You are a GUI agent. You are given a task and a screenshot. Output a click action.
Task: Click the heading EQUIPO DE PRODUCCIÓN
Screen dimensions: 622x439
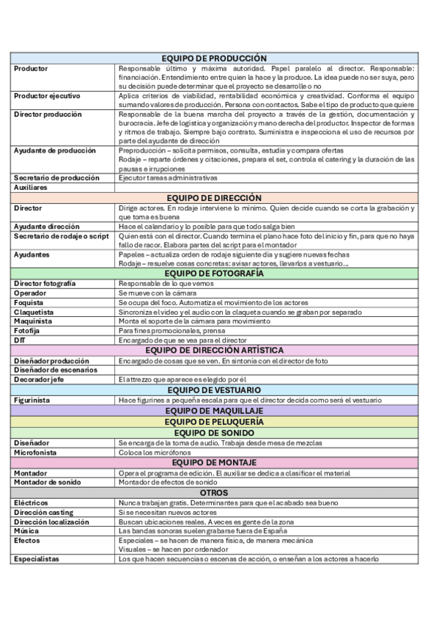pyautogui.click(x=214, y=59)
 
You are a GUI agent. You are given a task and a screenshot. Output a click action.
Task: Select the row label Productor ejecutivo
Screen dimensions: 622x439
pyautogui.click(x=47, y=96)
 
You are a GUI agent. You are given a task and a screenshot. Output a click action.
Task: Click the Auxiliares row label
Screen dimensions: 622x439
pyautogui.click(x=32, y=187)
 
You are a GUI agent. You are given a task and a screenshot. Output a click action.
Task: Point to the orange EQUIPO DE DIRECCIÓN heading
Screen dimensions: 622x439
pyautogui.click(x=214, y=198)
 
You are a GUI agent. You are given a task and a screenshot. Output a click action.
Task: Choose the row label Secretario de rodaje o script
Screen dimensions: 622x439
pyautogui.click(x=61, y=236)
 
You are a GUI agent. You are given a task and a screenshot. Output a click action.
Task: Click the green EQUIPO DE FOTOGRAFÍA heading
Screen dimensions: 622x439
pyautogui.click(x=214, y=274)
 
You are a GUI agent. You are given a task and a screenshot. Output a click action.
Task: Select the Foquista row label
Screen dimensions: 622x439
pyautogui.click(x=29, y=302)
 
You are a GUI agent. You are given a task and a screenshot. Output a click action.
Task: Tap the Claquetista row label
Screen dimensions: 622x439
pyautogui.click(x=34, y=312)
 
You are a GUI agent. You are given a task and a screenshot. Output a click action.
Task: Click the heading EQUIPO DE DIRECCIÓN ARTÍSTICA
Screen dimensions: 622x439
pyautogui.click(x=214, y=351)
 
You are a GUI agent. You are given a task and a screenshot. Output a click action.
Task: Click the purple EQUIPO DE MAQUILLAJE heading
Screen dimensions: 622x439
pyautogui.click(x=214, y=411)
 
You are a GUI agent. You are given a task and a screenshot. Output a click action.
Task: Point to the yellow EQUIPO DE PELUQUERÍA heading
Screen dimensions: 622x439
pyautogui.click(x=214, y=422)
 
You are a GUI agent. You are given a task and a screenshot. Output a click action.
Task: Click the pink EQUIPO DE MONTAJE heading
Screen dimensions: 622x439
pyautogui.click(x=214, y=463)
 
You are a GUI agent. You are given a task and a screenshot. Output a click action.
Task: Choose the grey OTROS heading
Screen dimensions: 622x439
pyautogui.click(x=214, y=493)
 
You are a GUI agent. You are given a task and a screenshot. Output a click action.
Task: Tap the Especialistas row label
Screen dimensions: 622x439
pyautogui.click(x=37, y=559)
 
